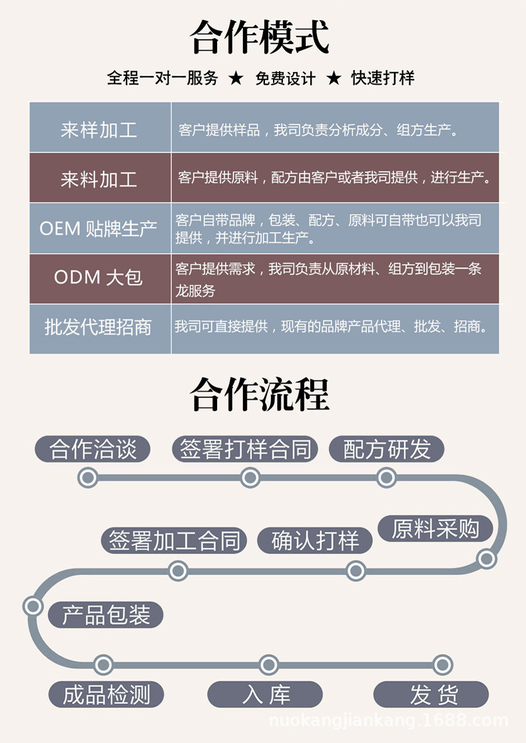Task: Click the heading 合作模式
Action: click(x=260, y=37)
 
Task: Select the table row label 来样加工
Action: click(x=99, y=129)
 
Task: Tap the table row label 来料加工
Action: click(x=99, y=178)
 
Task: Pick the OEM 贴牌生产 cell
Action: click(x=99, y=228)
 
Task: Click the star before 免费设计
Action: click(x=236, y=78)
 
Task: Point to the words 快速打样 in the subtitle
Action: click(x=383, y=78)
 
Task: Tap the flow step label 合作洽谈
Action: click(x=93, y=449)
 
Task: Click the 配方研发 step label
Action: click(x=387, y=449)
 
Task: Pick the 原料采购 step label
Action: click(x=435, y=529)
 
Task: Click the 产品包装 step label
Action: click(x=106, y=615)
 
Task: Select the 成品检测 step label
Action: click(x=106, y=694)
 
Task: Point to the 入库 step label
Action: click(x=266, y=694)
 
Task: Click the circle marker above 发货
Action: click(x=442, y=664)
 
